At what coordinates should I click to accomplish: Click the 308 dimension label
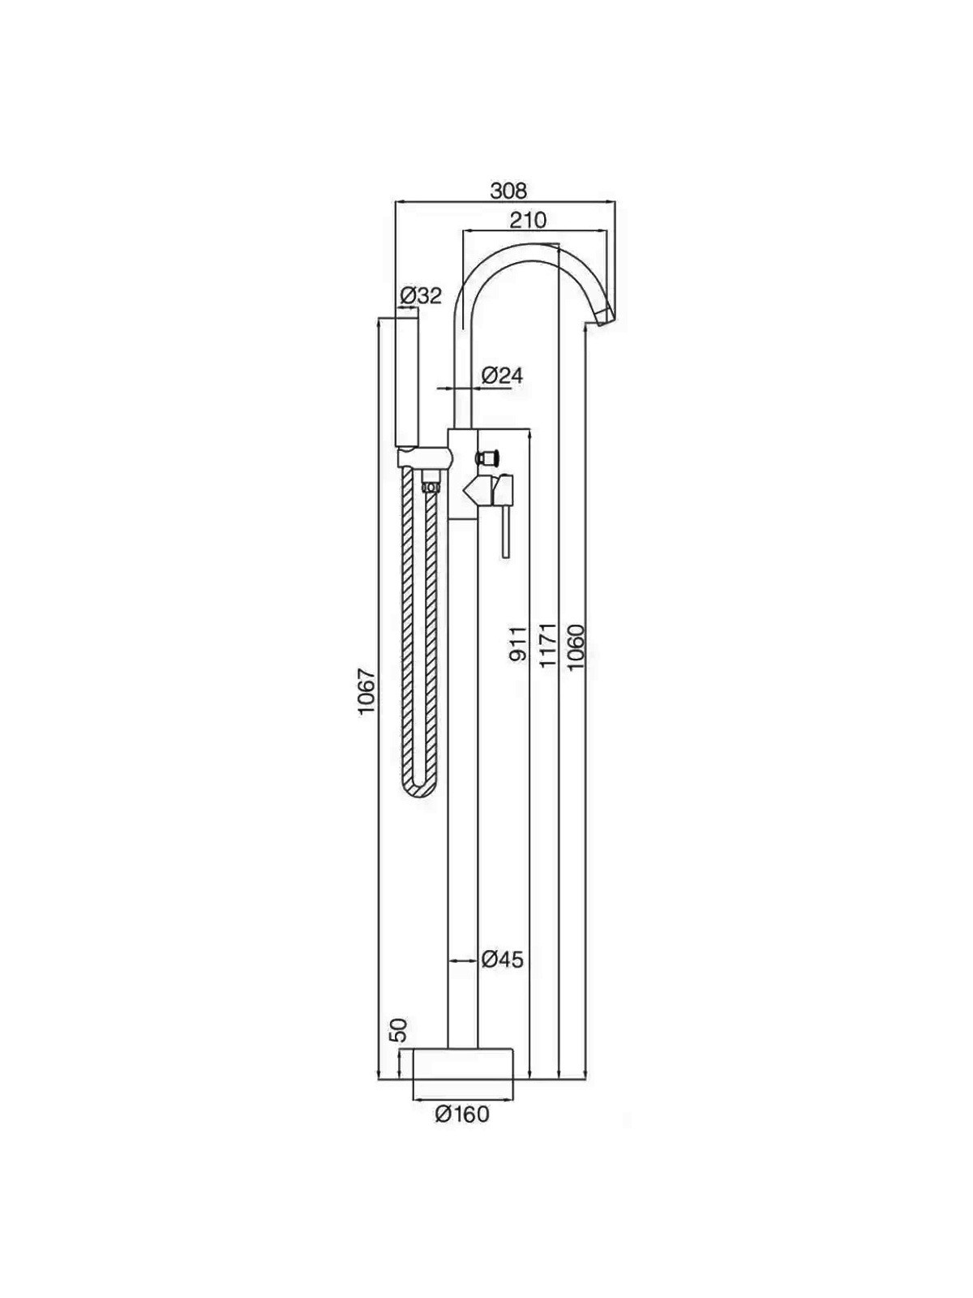[508, 191]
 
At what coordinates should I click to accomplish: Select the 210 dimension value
[529, 220]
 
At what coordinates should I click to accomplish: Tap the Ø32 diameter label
[420, 295]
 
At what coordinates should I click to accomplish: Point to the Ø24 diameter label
[502, 376]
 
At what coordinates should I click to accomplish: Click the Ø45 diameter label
[502, 960]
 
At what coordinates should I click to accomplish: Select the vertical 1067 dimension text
[366, 690]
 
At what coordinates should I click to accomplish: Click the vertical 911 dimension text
[517, 644]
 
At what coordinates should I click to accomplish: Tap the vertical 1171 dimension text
[547, 645]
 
